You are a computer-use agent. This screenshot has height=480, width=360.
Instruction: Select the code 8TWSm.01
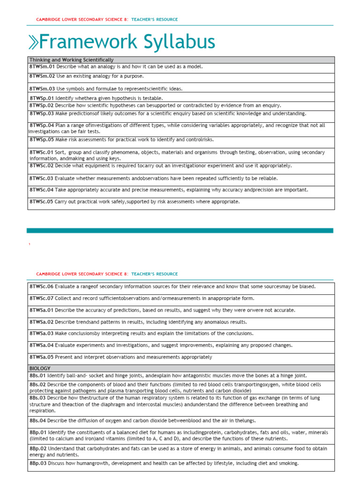[x=42, y=67]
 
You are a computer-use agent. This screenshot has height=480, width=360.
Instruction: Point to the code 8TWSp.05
[x=42, y=140]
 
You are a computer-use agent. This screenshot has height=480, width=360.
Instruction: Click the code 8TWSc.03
[x=42, y=179]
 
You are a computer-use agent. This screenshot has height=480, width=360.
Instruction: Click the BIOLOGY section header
[x=40, y=368]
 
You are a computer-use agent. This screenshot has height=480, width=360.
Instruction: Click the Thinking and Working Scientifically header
[x=71, y=60]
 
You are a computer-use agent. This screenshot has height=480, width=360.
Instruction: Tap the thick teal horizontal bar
[x=180, y=231]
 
